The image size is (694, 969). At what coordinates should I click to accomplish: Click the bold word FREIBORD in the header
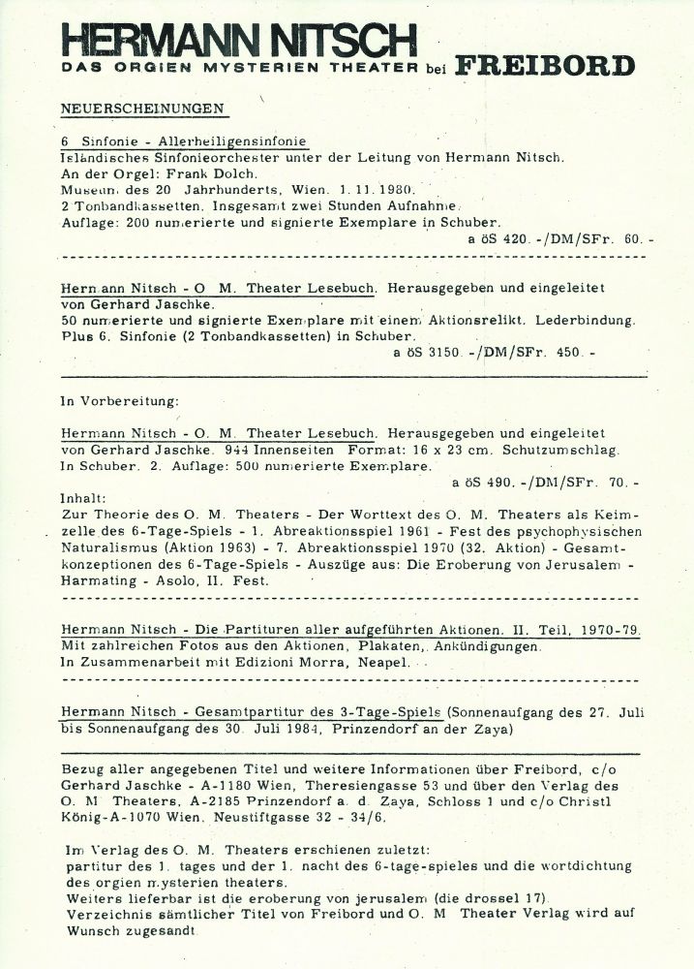(545, 67)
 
